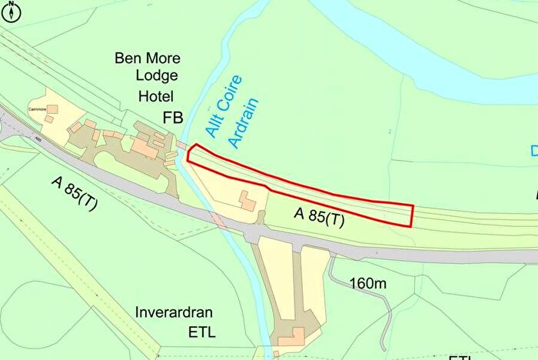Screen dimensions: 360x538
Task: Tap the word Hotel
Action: [157, 96]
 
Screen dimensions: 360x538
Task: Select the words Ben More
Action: [146, 58]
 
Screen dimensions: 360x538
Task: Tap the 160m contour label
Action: [368, 284]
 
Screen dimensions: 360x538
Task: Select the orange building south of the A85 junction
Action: [291, 337]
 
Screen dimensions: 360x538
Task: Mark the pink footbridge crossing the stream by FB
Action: [183, 145]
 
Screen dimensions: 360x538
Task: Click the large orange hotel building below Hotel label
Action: [145, 146]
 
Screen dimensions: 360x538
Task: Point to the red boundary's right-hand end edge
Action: [412, 216]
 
